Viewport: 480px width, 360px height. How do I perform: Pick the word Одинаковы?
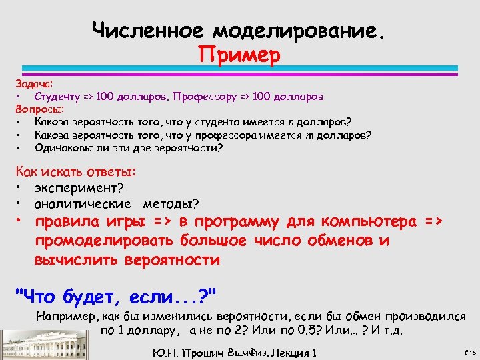pos(63,147)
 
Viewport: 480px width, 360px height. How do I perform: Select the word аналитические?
pos(83,203)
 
